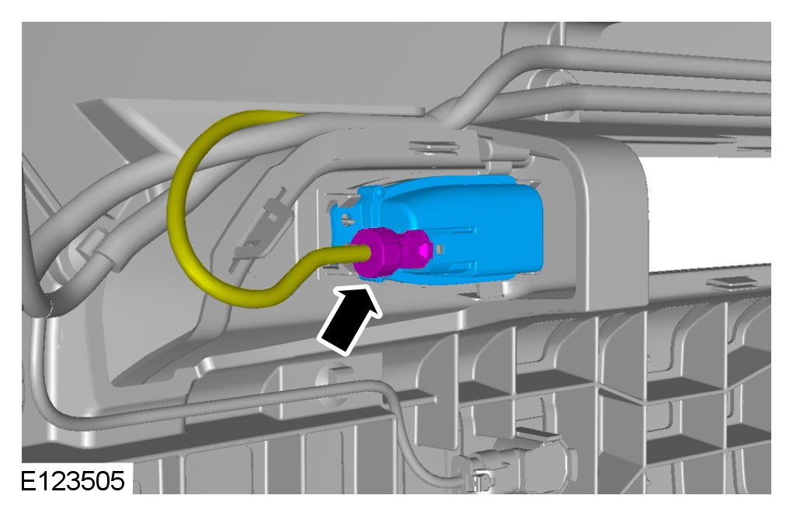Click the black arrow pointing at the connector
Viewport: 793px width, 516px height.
coord(350,320)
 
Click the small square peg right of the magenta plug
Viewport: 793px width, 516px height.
coord(440,248)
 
